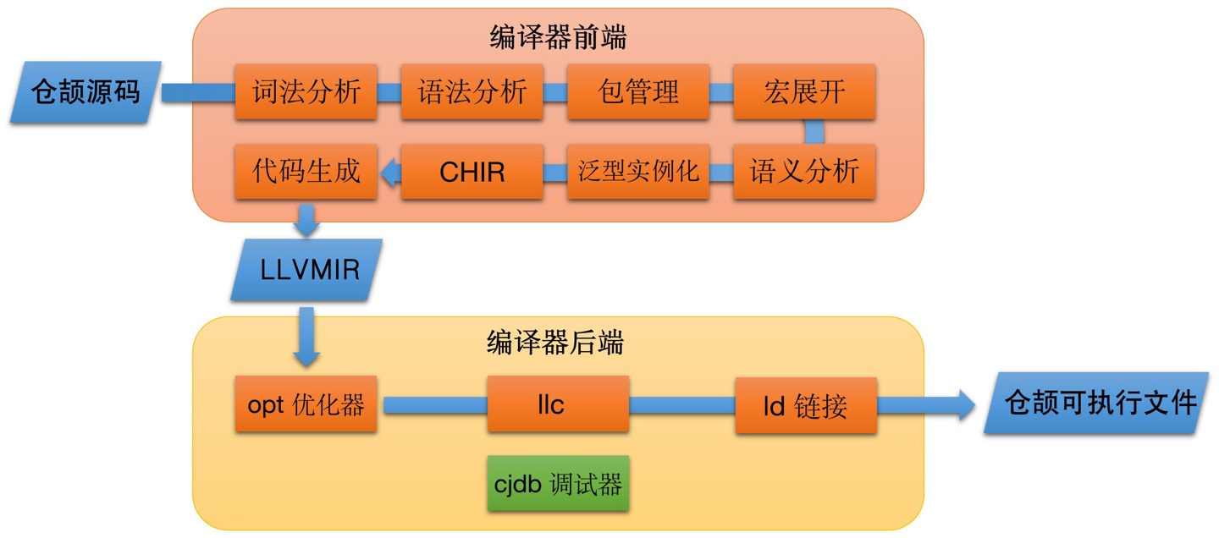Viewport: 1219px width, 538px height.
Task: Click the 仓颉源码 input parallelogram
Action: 85,92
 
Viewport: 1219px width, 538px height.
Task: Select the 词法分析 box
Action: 306,91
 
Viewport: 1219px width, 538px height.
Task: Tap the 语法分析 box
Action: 472,91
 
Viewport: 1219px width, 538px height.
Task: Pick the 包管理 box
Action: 638,91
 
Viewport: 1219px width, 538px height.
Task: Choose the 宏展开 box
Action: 804,91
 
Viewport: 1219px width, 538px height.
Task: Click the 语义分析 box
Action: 804,172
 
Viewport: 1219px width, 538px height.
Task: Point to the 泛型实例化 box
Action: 638,172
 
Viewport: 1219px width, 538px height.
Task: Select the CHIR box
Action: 472,172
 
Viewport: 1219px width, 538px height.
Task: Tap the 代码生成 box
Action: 306,172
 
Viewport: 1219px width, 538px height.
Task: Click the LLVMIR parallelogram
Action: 306,270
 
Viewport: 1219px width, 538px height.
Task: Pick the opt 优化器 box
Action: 306,405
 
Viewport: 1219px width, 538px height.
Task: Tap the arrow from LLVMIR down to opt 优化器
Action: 306,338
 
